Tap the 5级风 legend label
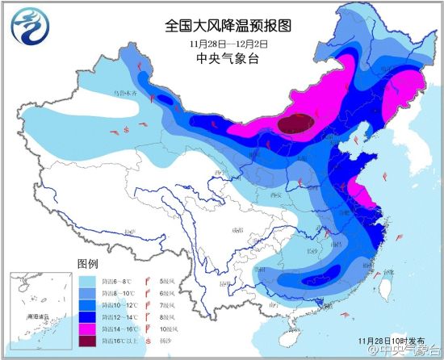point(166,281)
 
